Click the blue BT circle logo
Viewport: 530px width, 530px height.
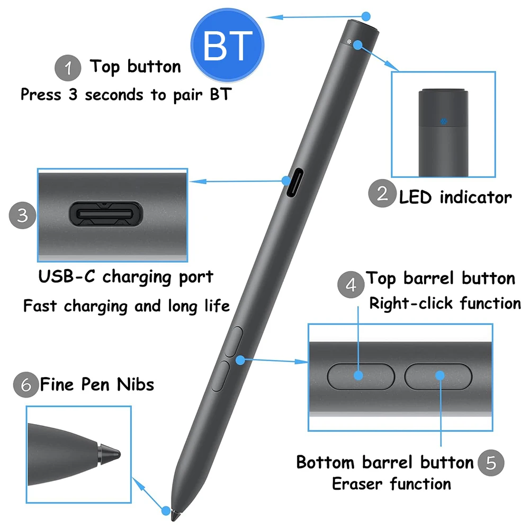(227, 46)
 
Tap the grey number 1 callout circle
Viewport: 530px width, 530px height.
(68, 68)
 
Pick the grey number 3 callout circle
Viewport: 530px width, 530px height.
(23, 215)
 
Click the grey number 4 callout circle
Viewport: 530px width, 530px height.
(351, 285)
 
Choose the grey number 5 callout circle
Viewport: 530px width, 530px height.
(491, 462)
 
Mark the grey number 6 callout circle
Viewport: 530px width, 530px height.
(26, 384)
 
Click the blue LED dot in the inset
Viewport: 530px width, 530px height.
(444, 121)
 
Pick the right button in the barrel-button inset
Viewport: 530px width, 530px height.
(438, 375)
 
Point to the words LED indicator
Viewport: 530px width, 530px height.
(455, 197)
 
